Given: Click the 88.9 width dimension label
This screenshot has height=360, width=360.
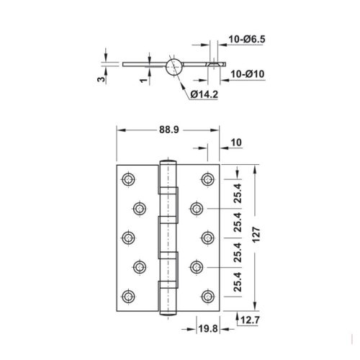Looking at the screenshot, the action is (x=169, y=130).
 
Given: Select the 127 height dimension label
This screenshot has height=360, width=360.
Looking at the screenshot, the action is (x=256, y=234).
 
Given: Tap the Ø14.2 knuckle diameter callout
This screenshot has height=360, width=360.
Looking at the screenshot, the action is (x=204, y=94).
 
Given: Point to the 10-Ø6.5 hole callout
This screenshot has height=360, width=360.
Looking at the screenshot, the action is (x=247, y=39).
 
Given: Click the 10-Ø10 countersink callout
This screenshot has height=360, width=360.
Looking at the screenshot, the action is (x=248, y=74).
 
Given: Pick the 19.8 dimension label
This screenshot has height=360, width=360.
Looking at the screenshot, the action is (x=208, y=328).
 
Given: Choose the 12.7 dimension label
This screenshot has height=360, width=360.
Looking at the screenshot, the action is (x=250, y=320).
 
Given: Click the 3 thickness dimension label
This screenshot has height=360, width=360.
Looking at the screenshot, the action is (x=102, y=79).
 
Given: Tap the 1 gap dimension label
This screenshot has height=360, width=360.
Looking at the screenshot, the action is (x=143, y=80).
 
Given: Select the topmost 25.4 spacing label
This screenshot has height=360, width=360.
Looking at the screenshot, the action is (x=238, y=193).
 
